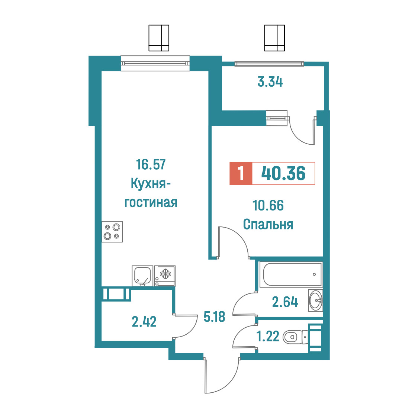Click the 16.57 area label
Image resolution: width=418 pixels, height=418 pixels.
point(151,164)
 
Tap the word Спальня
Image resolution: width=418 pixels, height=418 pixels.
point(268,225)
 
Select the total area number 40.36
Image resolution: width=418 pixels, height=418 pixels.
point(283,173)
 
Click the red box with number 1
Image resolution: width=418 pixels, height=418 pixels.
point(241,173)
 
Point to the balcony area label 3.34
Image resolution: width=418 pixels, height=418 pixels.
point(270,81)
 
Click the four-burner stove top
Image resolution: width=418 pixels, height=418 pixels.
point(112,232)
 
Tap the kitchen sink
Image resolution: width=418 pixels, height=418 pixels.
point(143,276)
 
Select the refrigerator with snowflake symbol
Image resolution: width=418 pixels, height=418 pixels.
point(165,276)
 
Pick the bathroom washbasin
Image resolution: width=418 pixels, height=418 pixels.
point(316,300)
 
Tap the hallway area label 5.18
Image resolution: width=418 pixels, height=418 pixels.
point(214,317)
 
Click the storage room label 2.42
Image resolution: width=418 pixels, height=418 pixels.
point(144,322)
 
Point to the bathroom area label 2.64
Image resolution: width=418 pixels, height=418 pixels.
point(285,302)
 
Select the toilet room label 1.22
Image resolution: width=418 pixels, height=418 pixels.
point(268,336)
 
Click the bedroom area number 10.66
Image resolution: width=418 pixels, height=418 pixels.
point(268,206)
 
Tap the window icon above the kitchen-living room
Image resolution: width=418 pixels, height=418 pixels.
point(159,38)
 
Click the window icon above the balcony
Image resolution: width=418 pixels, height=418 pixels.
point(274,38)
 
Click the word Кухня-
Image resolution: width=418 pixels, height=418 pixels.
point(151,184)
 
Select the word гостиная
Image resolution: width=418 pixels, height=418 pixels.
point(151,203)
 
